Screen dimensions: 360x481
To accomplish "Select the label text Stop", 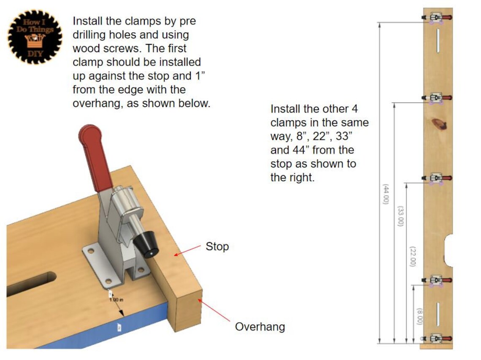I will [x=217, y=247].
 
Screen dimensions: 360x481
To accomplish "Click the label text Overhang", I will [x=259, y=327].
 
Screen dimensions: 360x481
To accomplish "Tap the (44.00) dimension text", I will [x=385, y=194].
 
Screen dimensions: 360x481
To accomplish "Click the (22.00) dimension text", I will [x=413, y=256].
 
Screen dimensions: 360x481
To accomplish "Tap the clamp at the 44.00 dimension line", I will [x=436, y=18].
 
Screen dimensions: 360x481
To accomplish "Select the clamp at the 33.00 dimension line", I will [x=436, y=98].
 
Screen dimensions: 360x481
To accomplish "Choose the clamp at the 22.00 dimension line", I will [x=436, y=178].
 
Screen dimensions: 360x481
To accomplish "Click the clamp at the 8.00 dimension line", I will [x=436, y=280].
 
